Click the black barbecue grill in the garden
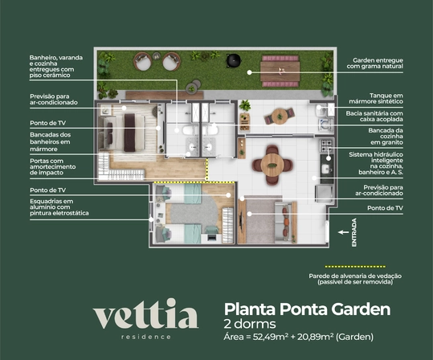click(x=234, y=60)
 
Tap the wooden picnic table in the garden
click(x=280, y=71)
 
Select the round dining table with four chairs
click(x=272, y=165)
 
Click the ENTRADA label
click(x=354, y=232)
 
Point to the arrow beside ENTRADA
click(x=344, y=232)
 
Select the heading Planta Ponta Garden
click(x=307, y=309)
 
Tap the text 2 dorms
click(x=250, y=324)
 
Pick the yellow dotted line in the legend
click(x=355, y=267)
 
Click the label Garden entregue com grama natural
click(x=374, y=63)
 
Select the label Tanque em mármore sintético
click(x=376, y=99)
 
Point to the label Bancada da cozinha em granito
click(x=386, y=137)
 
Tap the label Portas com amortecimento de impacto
click(x=52, y=167)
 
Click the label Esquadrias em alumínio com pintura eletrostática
click(x=59, y=207)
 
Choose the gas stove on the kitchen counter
click(x=327, y=145)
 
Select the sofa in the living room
click(x=286, y=222)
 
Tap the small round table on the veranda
click(x=280, y=117)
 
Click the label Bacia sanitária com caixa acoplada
click(x=374, y=117)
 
